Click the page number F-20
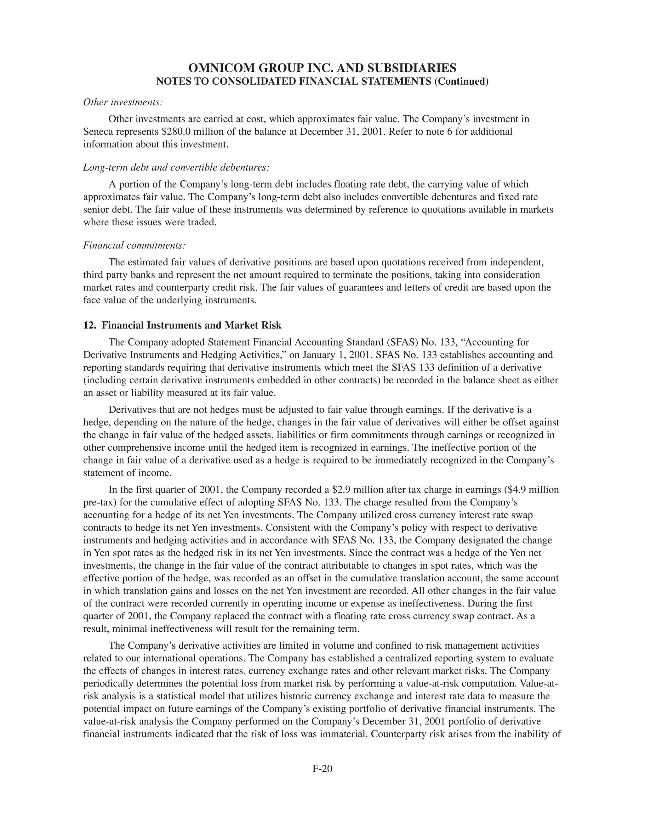point(322,769)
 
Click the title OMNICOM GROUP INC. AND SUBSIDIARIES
point(322,68)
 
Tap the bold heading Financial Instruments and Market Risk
point(191,325)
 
